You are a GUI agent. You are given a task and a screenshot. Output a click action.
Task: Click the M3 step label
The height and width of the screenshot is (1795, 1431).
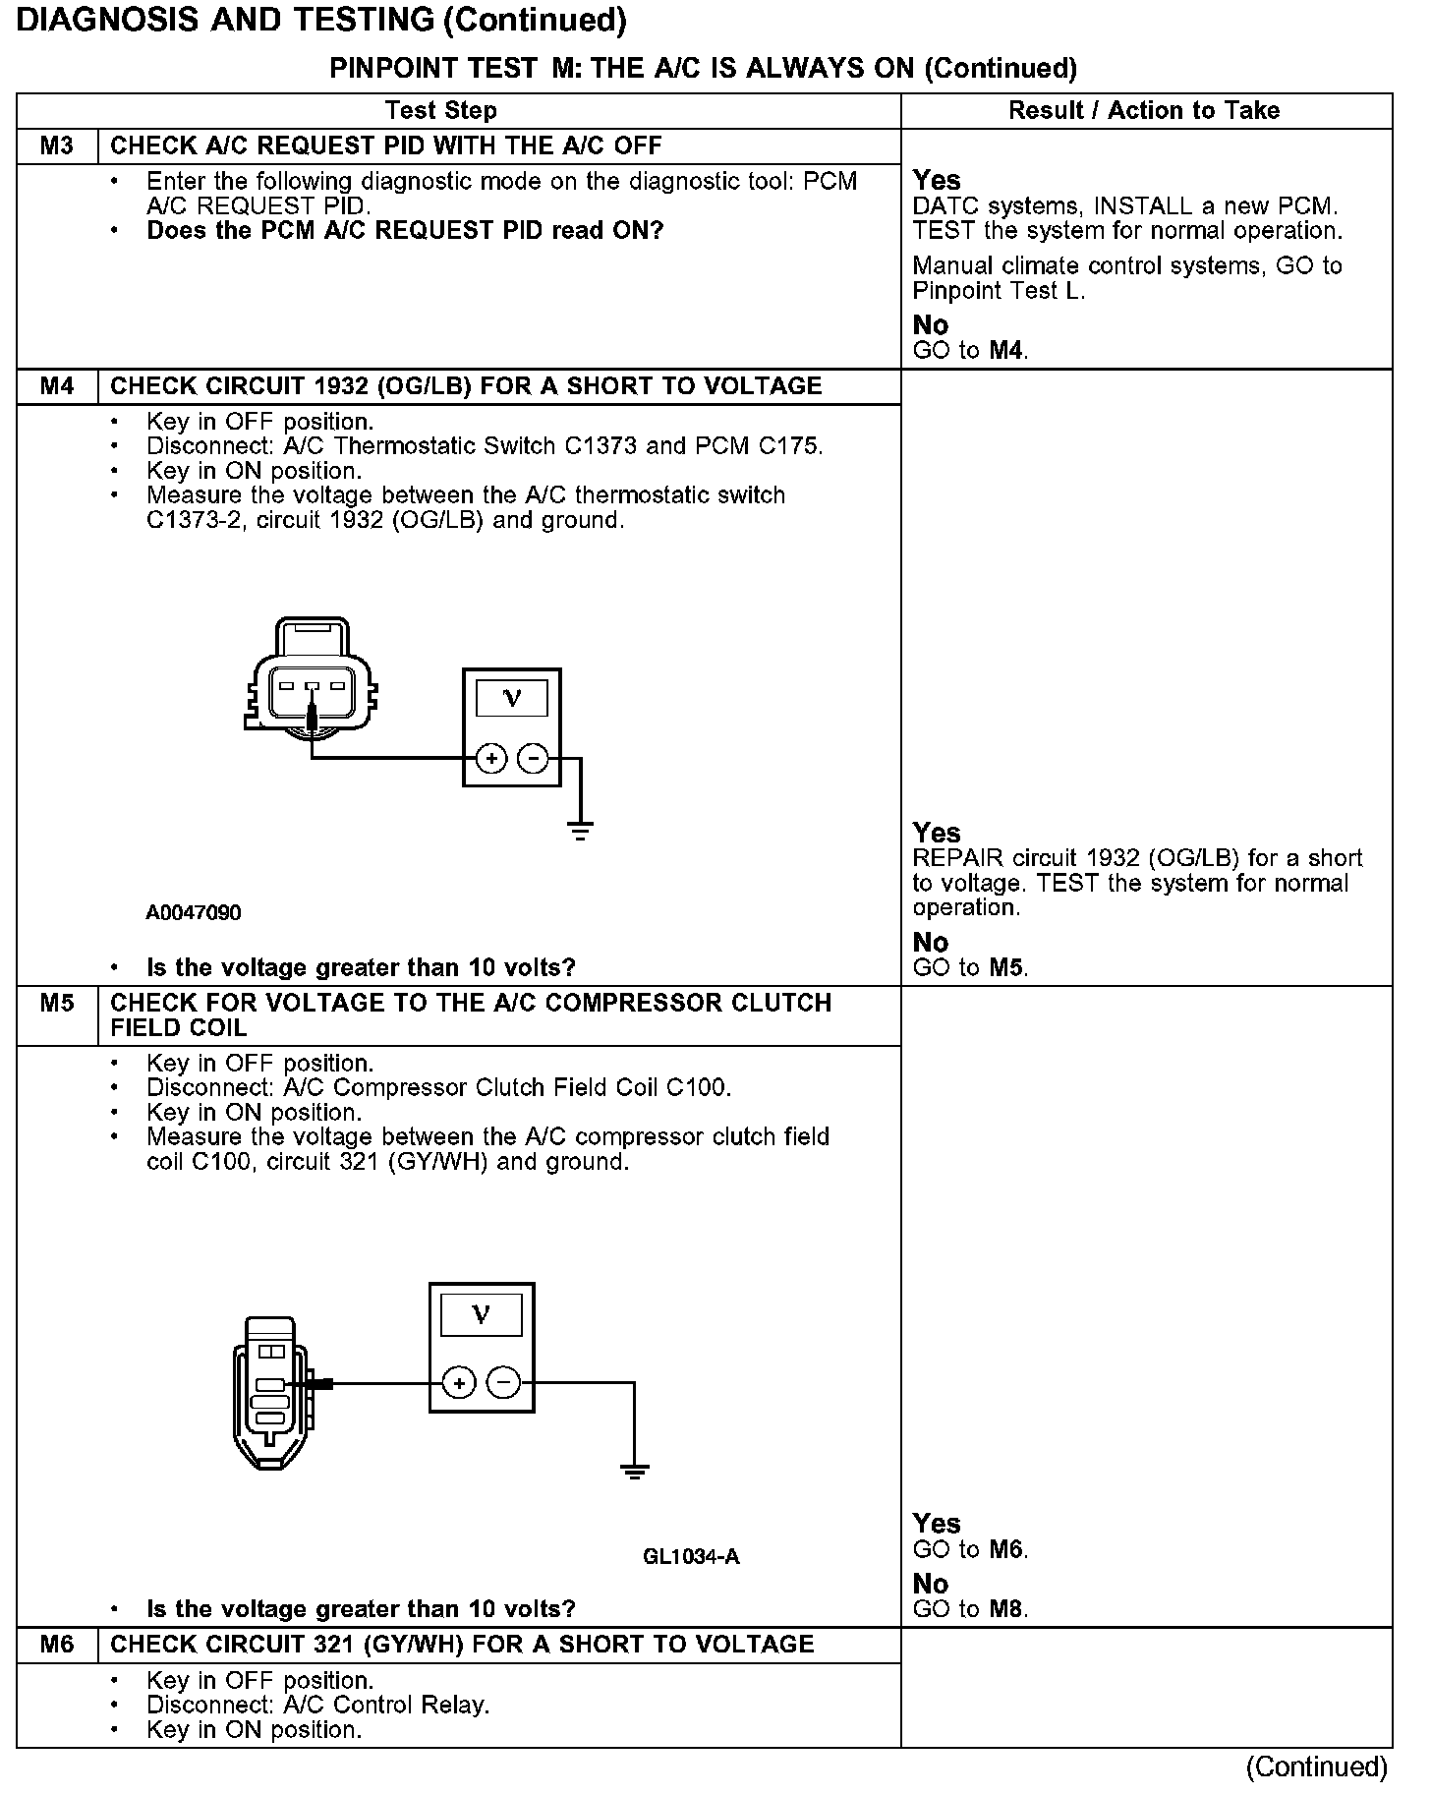[57, 146]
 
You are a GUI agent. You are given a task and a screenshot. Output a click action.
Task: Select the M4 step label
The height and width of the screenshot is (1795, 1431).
[57, 386]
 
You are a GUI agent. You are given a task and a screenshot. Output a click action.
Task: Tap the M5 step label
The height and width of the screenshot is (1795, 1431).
[57, 1004]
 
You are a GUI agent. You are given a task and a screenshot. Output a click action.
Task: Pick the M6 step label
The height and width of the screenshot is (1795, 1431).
[57, 1645]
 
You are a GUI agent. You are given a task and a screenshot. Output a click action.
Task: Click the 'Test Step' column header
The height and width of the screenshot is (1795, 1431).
[441, 110]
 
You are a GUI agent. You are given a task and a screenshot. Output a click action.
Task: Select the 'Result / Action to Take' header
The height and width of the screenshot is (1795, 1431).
[1144, 110]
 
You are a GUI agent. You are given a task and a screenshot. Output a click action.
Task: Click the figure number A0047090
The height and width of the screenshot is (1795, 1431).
[194, 913]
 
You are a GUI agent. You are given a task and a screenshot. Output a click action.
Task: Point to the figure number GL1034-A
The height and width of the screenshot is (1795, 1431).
[691, 1556]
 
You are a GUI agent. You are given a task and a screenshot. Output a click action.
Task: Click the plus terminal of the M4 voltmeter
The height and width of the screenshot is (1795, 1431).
[490, 759]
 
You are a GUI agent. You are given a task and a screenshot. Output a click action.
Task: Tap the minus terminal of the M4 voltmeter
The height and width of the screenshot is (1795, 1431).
[533, 759]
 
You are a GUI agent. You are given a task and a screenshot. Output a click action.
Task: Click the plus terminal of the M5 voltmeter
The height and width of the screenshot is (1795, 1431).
[458, 1383]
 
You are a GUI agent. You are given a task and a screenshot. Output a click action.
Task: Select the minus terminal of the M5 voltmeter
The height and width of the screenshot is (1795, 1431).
[503, 1383]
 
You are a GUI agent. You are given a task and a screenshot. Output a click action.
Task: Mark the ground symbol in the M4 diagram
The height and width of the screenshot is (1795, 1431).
[581, 832]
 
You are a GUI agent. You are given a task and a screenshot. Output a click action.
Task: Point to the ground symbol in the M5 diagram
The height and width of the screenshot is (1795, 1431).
[635, 1472]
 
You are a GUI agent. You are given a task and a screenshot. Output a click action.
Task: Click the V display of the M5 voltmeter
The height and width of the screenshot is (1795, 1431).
[481, 1314]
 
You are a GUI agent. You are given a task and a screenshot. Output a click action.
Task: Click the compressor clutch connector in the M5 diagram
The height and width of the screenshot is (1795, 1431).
[270, 1391]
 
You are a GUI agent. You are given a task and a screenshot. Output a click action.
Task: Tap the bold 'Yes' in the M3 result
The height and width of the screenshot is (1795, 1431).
[937, 180]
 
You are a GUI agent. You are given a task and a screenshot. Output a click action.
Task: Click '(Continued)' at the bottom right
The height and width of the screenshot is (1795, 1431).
[1316, 1766]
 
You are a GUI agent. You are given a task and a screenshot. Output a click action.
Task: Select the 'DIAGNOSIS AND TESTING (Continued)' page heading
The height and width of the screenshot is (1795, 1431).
[321, 20]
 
